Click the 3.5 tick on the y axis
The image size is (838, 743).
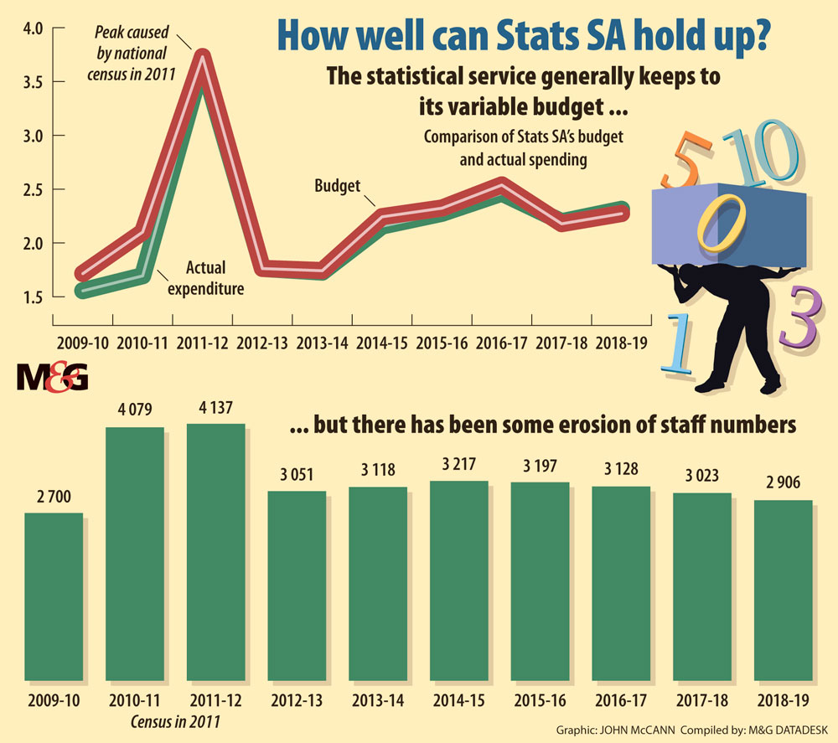(x=32, y=82)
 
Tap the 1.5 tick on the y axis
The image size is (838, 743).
(x=32, y=297)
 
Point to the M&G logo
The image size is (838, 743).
(x=51, y=379)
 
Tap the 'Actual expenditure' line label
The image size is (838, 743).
(x=205, y=280)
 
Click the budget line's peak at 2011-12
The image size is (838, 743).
(x=201, y=57)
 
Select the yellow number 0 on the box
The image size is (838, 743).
(x=721, y=219)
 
